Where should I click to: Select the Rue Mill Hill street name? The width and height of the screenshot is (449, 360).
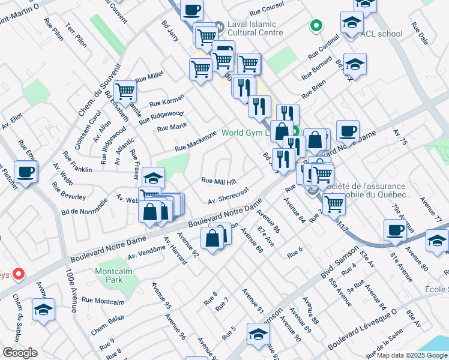tap(219, 181)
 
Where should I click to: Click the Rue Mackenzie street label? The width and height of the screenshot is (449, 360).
tap(195, 142)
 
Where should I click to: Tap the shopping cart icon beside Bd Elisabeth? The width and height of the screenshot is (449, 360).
tap(125, 92)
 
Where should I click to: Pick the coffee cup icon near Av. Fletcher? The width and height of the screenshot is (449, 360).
tap(25, 172)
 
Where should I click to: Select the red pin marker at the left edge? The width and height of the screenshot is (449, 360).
tap(18, 274)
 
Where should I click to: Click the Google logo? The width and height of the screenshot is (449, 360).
tap(20, 353)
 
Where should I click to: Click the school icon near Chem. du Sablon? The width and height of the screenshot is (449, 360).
tap(43, 310)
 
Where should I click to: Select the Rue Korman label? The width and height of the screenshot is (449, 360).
tap(167, 100)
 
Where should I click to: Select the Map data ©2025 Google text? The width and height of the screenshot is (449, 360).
tap(411, 355)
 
